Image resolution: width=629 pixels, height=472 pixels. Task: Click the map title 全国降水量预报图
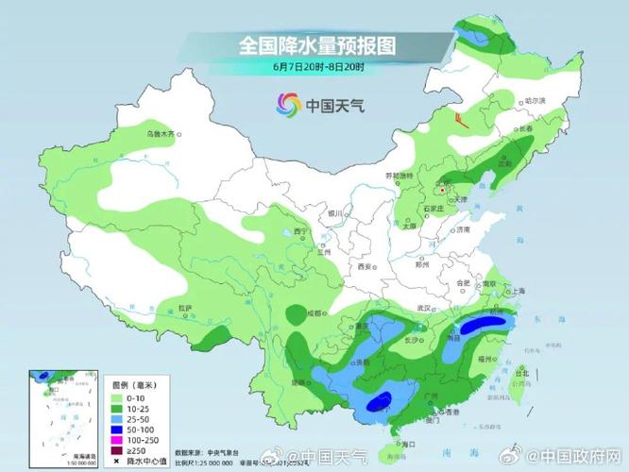(x=315, y=43)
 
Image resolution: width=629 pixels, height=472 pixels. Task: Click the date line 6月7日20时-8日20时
(x=315, y=67)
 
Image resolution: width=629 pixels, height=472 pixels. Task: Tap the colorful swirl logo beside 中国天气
(x=287, y=105)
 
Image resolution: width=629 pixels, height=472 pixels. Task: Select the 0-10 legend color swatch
(x=118, y=399)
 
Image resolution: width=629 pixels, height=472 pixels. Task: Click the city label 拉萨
(x=185, y=308)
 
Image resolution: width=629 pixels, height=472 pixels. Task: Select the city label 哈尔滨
(x=535, y=101)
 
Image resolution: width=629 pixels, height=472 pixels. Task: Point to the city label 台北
(x=522, y=372)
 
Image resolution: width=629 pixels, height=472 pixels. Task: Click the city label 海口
(x=408, y=443)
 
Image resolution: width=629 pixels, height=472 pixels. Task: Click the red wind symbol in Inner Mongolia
(x=460, y=120)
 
